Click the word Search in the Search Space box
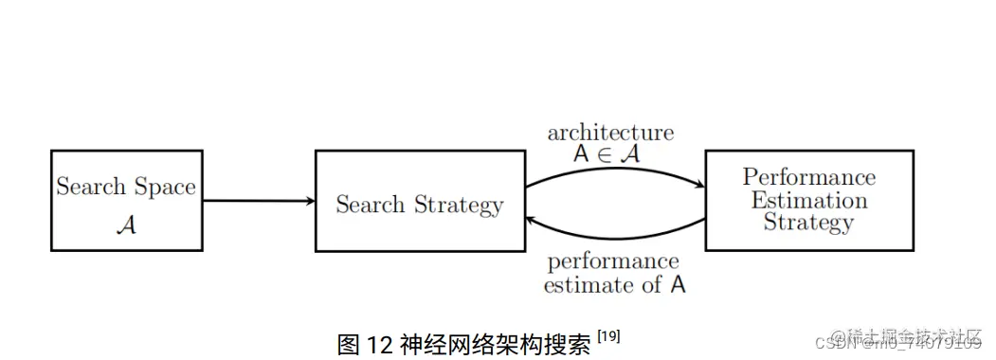coord(90,187)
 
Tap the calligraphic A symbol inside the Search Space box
coord(127,225)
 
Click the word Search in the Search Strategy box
coord(370,205)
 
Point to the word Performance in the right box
coord(808,177)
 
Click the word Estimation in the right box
coord(808,200)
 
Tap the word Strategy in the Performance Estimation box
coord(808,223)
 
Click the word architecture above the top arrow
coord(610,133)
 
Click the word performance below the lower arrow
coord(612,262)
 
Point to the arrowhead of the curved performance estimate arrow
coord(533,218)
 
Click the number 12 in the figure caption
coord(379,344)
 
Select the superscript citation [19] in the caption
coord(607,336)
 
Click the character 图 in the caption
coord(349,344)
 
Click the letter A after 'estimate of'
coord(678,284)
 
